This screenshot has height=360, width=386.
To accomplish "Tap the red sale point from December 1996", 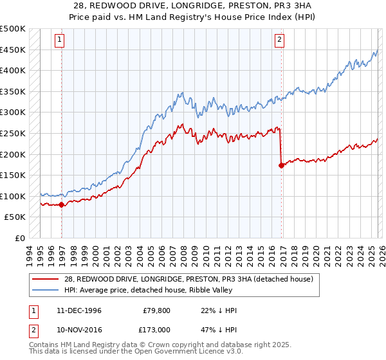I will point(62,205).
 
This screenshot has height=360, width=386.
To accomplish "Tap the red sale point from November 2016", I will point(281,165).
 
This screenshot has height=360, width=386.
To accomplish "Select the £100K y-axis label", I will point(13,196).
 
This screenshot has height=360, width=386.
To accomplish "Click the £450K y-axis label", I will point(13,50).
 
